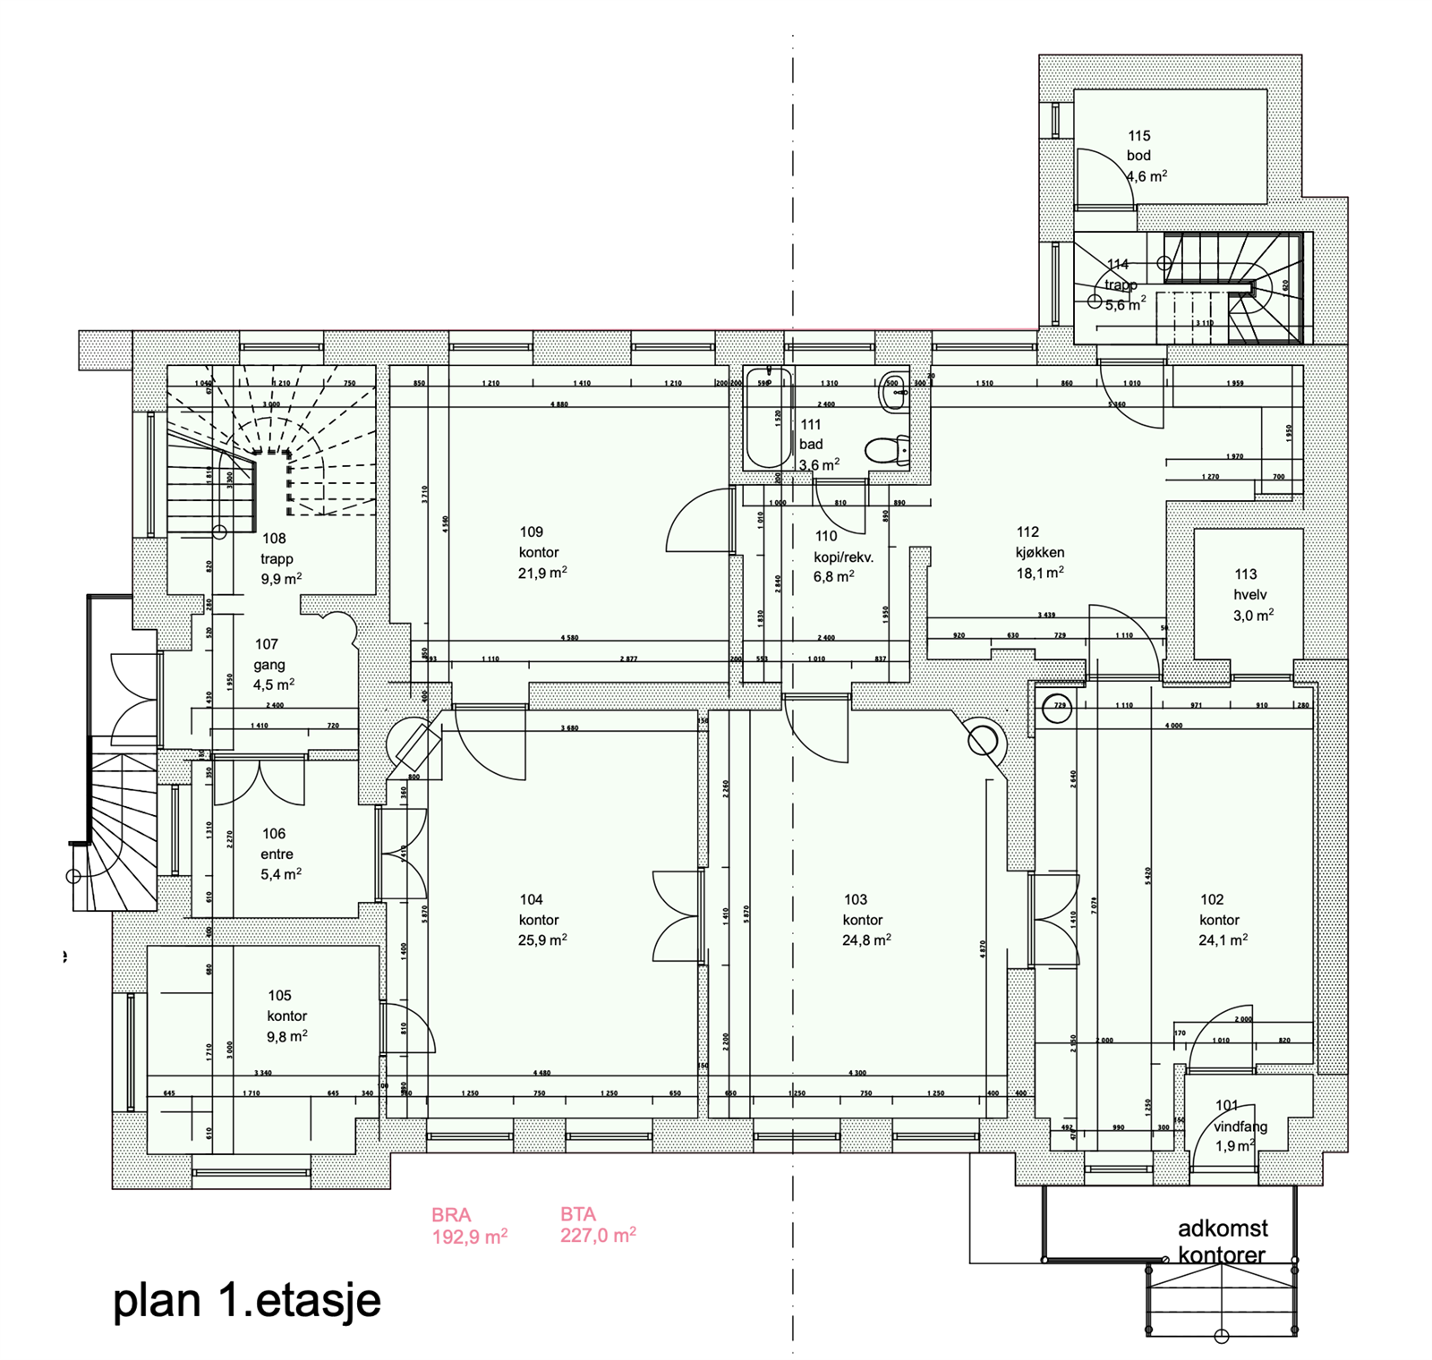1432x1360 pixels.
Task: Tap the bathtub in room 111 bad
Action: click(x=768, y=418)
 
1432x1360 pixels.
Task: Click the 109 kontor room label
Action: click(x=538, y=542)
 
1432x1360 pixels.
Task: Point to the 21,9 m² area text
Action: click(x=541, y=573)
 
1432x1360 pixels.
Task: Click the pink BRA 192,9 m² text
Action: click(x=469, y=1226)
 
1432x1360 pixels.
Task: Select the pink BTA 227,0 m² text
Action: click(x=598, y=1225)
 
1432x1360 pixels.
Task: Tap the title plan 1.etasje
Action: click(x=246, y=1300)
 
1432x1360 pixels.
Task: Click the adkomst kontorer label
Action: click(x=1222, y=1241)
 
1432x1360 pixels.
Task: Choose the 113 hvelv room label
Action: click(x=1249, y=584)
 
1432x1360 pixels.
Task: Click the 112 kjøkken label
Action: click(x=1039, y=542)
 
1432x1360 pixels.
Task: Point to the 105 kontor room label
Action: click(x=286, y=1006)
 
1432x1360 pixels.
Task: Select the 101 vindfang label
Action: click(x=1240, y=1117)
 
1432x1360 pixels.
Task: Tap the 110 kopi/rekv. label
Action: click(x=842, y=547)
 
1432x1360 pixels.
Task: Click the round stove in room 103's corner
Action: click(x=983, y=741)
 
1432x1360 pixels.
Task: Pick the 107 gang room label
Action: click(x=268, y=654)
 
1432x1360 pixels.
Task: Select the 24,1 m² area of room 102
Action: click(x=1223, y=939)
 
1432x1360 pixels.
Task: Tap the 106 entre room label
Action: click(x=277, y=844)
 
